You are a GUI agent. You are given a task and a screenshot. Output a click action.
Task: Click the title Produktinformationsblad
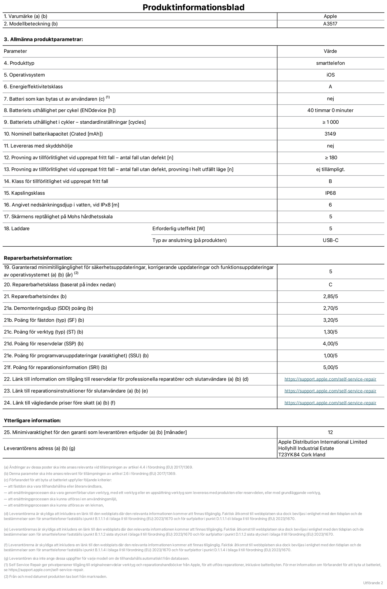click(x=193, y=7)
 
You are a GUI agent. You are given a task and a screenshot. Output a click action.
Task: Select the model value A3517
click(x=330, y=24)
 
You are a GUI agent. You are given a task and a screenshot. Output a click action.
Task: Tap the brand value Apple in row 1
click(x=330, y=16)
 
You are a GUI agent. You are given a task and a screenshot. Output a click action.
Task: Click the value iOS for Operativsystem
click(x=330, y=75)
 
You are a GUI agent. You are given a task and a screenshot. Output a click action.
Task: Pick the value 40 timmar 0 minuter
click(x=330, y=110)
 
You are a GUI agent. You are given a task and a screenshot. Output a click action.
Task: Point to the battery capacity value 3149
click(x=330, y=134)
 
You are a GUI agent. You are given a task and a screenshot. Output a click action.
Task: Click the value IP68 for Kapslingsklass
click(x=330, y=193)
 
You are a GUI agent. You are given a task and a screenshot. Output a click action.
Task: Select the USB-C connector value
click(x=330, y=240)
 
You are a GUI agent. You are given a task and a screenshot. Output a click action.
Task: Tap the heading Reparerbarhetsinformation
click(x=38, y=258)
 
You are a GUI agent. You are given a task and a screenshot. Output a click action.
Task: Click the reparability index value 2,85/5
click(x=330, y=297)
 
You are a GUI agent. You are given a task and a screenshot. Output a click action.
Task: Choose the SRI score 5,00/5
click(x=330, y=367)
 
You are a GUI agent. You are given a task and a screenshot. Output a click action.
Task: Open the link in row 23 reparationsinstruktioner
click(x=330, y=391)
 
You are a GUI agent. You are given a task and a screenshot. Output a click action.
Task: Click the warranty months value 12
click(x=330, y=432)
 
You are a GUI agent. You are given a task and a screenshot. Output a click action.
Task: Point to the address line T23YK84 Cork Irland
click(x=302, y=455)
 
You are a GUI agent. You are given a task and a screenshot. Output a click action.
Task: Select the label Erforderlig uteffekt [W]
click(x=178, y=229)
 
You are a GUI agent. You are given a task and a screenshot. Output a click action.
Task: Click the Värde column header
click(x=330, y=51)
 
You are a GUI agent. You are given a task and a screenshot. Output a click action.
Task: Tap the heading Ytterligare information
click(x=32, y=420)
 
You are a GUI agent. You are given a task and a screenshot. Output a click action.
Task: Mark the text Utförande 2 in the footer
click(x=373, y=583)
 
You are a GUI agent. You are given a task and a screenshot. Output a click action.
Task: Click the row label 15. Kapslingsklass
click(x=24, y=193)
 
